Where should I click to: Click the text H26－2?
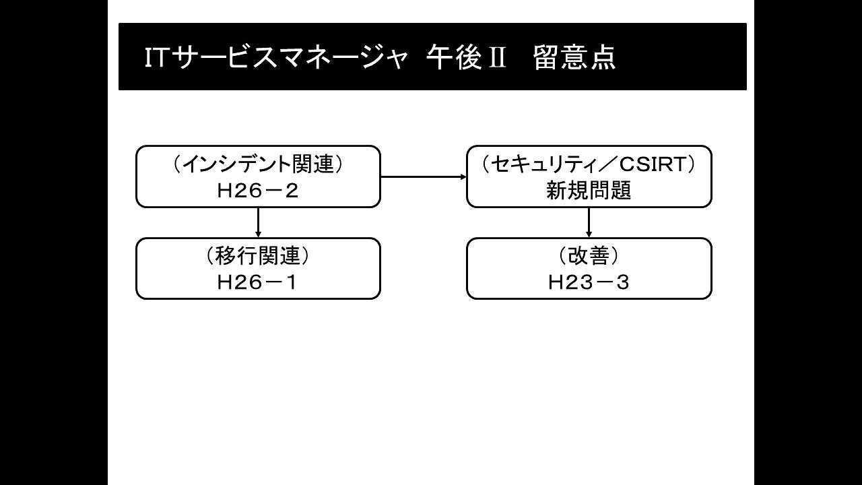point(257,191)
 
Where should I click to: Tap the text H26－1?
point(257,283)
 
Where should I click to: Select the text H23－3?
point(589,283)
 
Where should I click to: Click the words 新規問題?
point(589,191)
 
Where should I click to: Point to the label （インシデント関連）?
point(257,164)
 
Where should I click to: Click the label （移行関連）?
point(257,256)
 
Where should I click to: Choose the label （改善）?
point(589,256)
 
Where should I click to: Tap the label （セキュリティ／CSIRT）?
point(589,164)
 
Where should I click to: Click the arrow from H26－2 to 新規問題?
point(424,176)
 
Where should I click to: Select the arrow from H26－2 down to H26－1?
point(258,222)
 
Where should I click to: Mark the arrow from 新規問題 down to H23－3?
point(589,222)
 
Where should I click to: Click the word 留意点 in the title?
point(574,58)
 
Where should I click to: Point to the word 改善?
point(589,256)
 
